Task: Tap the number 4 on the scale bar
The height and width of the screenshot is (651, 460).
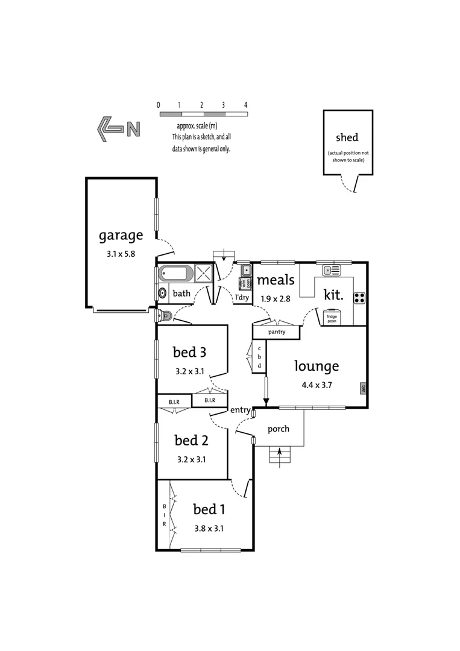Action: coord(245,105)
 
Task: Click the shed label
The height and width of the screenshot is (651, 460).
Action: coord(347,138)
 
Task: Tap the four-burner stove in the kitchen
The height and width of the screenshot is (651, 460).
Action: coord(359,297)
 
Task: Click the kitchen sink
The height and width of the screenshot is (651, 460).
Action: coord(331,270)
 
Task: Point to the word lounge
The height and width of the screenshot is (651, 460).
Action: coord(317,366)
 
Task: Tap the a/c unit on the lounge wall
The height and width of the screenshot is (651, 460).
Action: coord(364,388)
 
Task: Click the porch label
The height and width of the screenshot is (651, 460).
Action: coord(278,429)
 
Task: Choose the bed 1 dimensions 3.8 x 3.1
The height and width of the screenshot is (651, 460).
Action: coord(209,529)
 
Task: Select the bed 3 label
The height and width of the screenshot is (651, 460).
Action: coord(190,351)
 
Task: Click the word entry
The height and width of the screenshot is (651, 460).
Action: coord(240,410)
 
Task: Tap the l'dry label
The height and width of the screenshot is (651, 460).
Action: coord(242,297)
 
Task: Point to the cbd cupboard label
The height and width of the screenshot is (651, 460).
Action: coord(259,357)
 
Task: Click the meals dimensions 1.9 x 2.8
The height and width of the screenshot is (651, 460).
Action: coord(276,298)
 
